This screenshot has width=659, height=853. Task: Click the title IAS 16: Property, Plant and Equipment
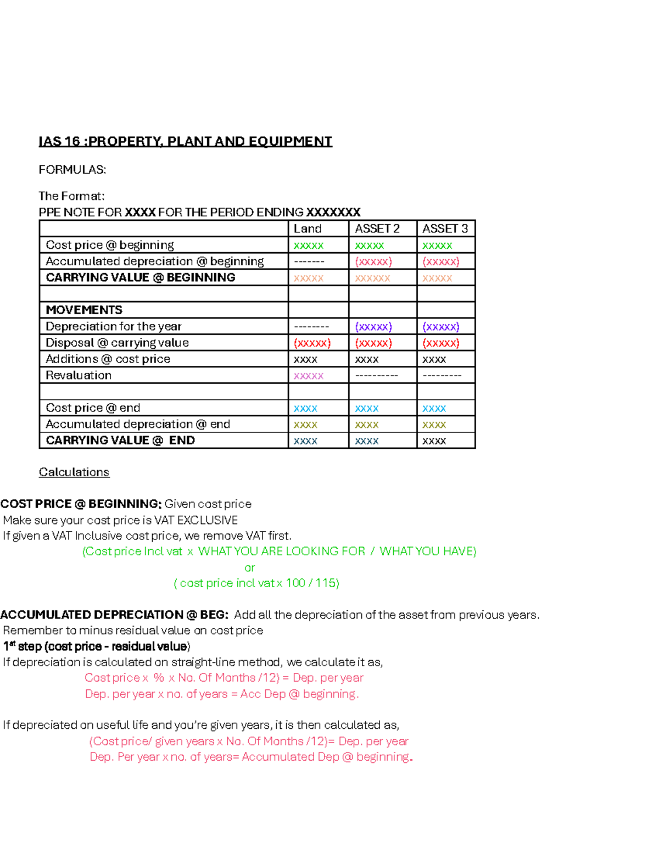(x=185, y=142)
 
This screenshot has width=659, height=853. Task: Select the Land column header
(x=308, y=228)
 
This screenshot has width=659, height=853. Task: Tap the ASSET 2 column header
(x=377, y=228)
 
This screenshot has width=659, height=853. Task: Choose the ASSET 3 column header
(x=445, y=228)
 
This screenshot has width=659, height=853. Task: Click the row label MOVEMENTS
(x=84, y=310)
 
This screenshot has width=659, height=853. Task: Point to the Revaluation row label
(x=79, y=375)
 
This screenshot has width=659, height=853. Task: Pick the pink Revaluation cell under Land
(x=309, y=376)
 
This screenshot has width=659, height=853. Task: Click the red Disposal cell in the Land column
(x=312, y=343)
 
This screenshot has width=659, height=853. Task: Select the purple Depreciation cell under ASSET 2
(x=373, y=326)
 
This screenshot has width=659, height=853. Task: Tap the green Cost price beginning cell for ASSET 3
(x=437, y=245)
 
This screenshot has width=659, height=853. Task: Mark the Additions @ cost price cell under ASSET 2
(x=367, y=359)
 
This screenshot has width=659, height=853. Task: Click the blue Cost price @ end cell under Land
(x=305, y=408)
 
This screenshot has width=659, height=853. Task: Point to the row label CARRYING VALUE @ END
(x=120, y=441)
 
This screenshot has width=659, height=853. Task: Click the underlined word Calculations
(x=74, y=472)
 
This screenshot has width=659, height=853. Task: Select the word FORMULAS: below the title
(x=72, y=170)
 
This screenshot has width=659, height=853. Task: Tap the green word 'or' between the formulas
(x=249, y=567)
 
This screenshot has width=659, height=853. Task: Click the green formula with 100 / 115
(x=256, y=583)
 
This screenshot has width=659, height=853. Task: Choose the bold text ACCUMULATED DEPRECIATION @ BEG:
(x=114, y=615)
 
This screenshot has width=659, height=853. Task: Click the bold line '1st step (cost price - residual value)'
(x=97, y=646)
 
